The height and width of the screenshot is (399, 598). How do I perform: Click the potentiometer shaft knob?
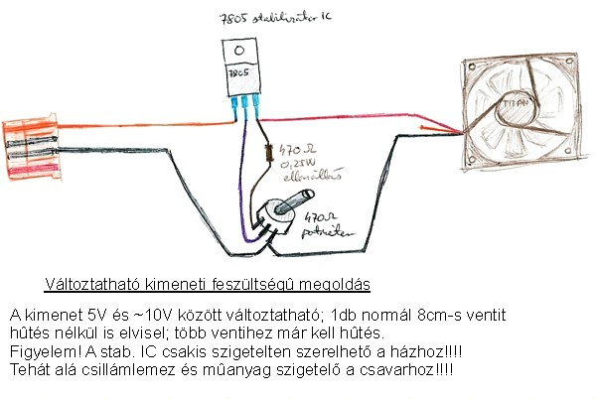[284, 202]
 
